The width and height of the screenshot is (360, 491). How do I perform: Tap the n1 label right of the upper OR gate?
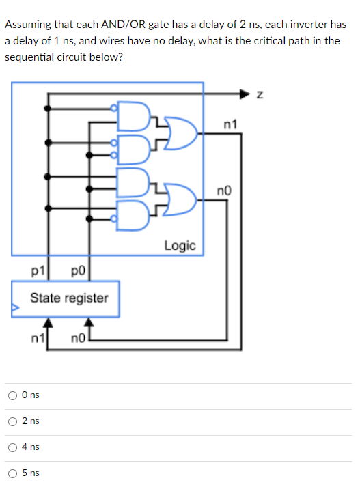click(x=230, y=124)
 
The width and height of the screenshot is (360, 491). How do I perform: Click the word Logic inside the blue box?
click(x=180, y=245)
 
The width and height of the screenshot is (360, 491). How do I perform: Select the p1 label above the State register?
click(x=38, y=271)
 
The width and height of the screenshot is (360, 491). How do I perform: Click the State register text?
click(x=69, y=298)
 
